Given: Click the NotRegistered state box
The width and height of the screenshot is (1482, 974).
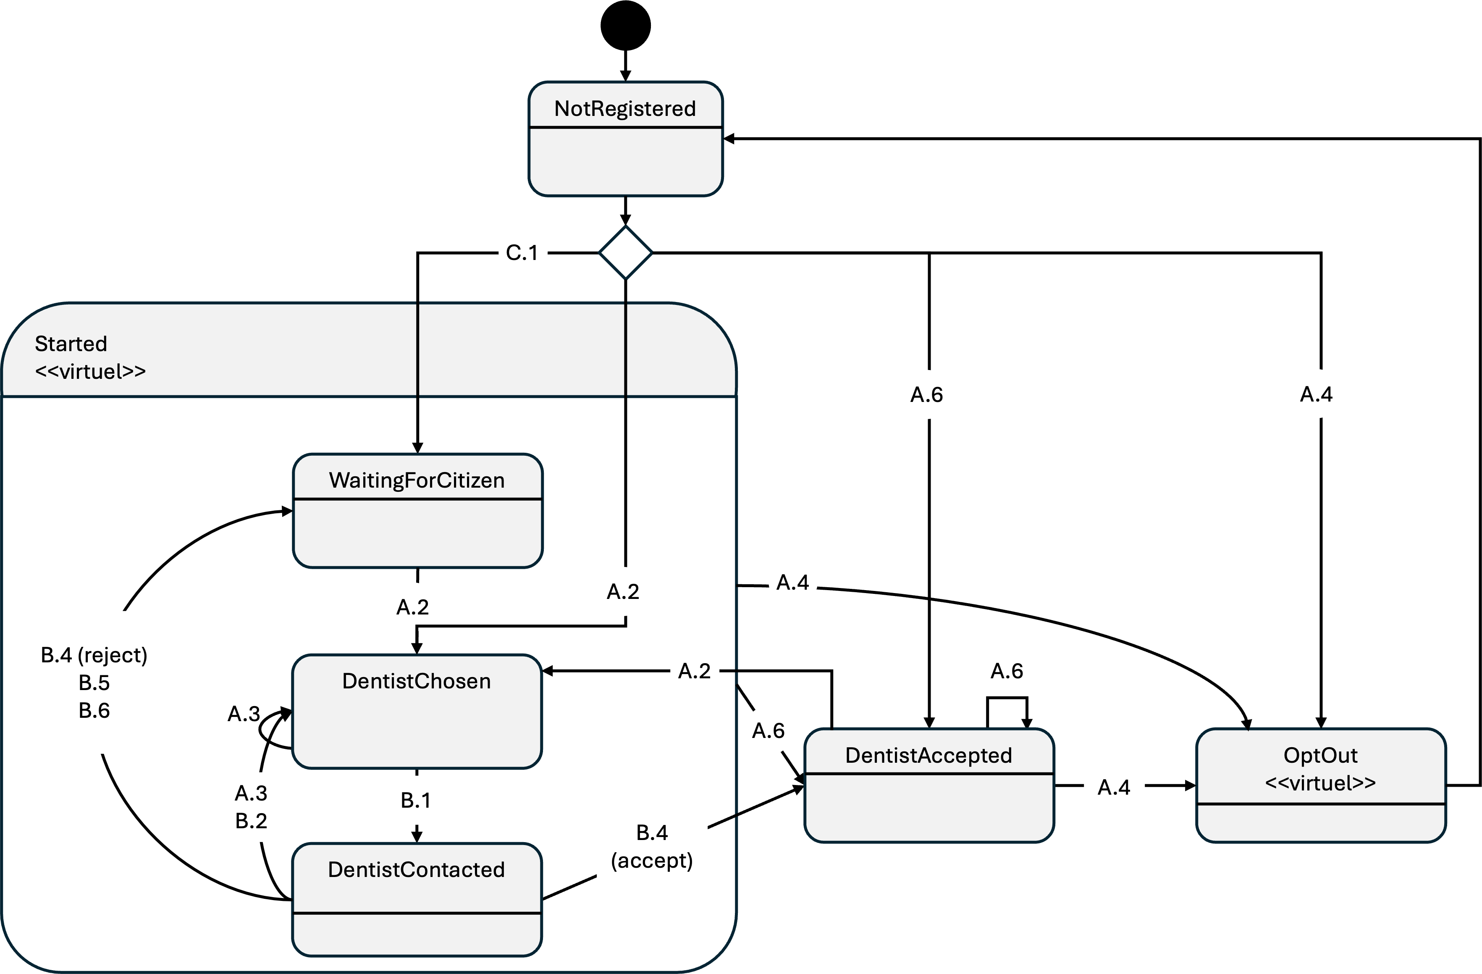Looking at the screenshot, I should point(625,139).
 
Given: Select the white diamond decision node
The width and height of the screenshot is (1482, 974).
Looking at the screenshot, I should point(625,252).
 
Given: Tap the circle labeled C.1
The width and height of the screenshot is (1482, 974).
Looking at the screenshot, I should point(522,252).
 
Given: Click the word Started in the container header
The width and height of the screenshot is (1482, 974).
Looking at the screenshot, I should point(71,344).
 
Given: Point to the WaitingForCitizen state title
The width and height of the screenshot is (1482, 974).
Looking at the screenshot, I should point(417,480).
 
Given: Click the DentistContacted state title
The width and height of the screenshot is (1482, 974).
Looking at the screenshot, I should point(416,869).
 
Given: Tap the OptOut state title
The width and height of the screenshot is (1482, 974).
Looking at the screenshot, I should point(1320,755).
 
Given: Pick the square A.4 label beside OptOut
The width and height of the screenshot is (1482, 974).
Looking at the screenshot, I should point(1114,787).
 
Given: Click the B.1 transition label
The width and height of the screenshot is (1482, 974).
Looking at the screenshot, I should point(415,800).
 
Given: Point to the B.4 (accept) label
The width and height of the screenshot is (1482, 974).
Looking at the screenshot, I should point(652,846).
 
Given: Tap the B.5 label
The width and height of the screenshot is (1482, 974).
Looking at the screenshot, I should point(94,683).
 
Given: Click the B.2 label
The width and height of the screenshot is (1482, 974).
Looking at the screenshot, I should point(251,821).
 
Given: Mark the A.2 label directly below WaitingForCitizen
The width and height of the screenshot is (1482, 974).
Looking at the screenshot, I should point(412,606).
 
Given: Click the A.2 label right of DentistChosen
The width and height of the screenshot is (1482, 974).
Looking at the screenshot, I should point(694,671).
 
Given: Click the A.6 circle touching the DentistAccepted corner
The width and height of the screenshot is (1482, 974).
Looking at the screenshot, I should point(769,730).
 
